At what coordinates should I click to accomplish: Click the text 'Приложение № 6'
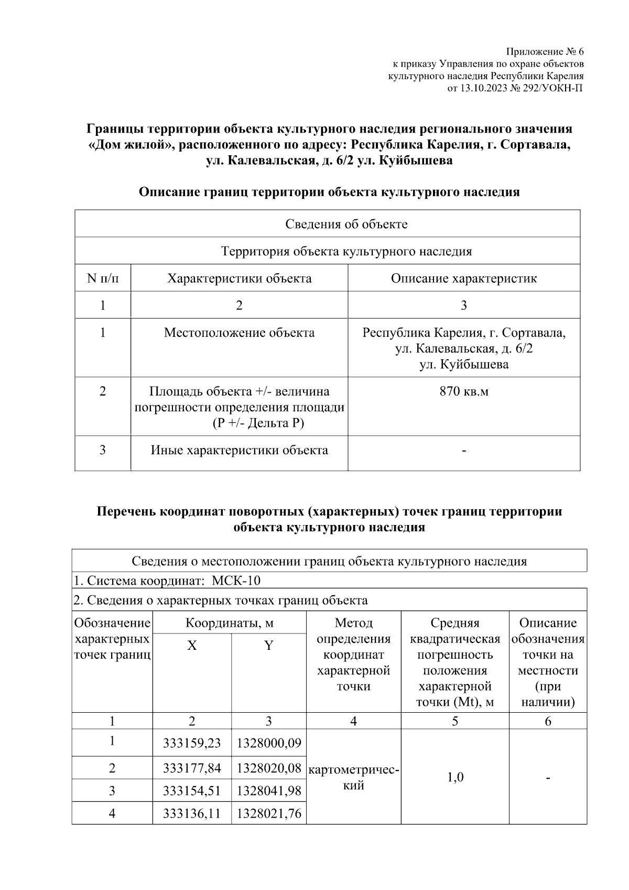[544, 52]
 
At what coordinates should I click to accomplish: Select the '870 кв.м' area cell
[464, 391]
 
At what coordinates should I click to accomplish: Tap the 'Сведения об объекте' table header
[346, 224]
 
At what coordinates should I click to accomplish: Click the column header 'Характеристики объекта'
[239, 278]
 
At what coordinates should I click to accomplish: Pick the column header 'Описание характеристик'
[464, 278]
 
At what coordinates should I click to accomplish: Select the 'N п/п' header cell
[103, 278]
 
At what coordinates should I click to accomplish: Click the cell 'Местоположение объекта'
[239, 333]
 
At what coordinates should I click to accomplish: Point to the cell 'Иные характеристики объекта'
[239, 450]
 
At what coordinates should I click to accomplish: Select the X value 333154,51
[192, 791]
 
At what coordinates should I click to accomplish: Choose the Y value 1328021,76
[269, 813]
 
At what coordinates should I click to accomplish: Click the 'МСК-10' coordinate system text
[236, 581]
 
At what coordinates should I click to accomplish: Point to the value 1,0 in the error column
[455, 777]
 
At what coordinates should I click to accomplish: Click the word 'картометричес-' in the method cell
[354, 770]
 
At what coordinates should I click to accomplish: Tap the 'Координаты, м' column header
[229, 623]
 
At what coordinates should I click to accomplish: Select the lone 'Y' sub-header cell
[269, 646]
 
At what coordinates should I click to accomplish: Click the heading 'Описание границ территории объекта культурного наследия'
[329, 192]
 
